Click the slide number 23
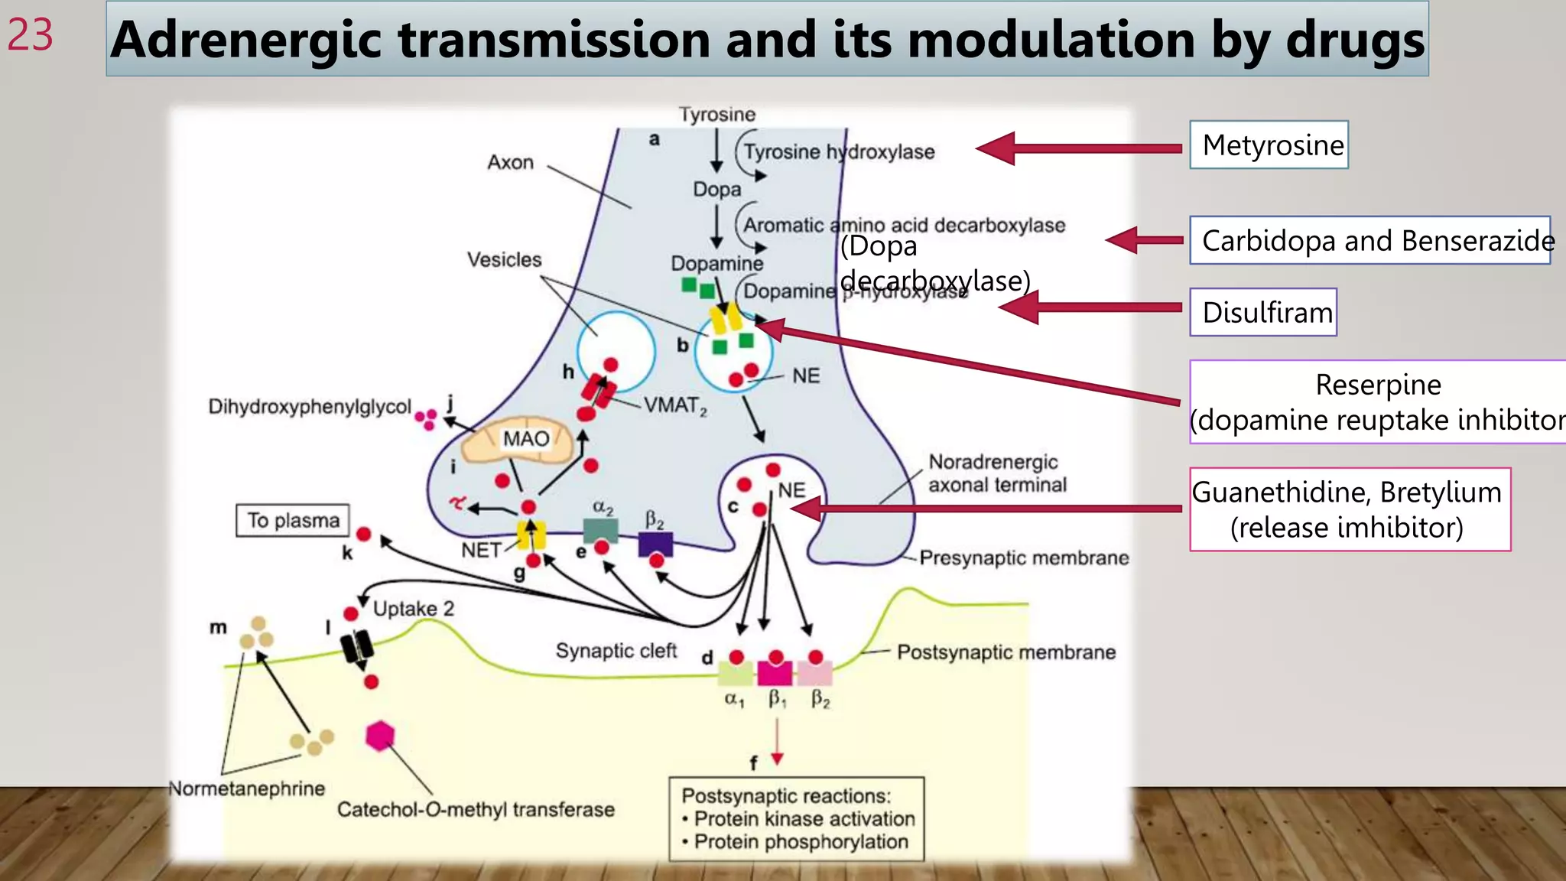click(x=31, y=35)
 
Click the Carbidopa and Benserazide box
click(x=1369, y=240)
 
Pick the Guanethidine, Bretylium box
click(x=1350, y=509)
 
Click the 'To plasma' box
click(x=293, y=520)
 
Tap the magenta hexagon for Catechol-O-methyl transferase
click(x=380, y=736)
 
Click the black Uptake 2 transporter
click(x=356, y=646)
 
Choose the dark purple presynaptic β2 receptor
click(x=655, y=544)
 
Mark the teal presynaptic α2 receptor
click(x=600, y=530)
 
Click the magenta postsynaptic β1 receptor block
click(x=775, y=673)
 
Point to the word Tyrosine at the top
click(x=716, y=115)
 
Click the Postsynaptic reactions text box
click(x=796, y=819)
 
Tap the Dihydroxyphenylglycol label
click(x=309, y=406)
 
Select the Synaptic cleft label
click(x=616, y=651)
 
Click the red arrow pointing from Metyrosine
click(x=1078, y=148)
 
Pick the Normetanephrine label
click(x=246, y=788)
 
